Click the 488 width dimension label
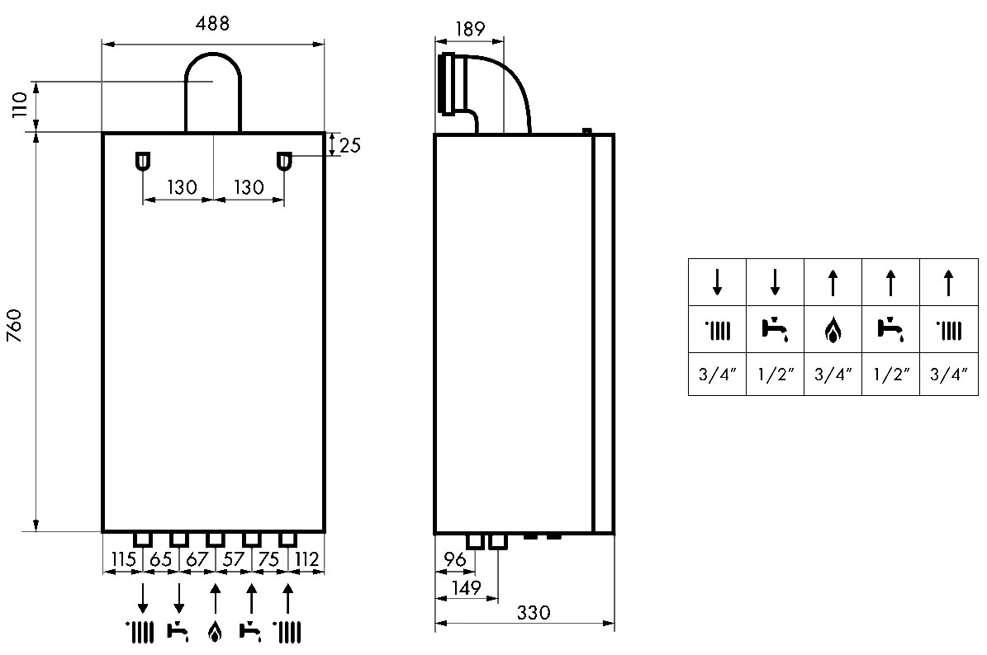213,24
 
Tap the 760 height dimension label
15,326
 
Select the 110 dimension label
20,105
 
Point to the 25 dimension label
350,145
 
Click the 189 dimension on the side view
469,29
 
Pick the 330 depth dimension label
534,612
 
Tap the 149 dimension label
467,587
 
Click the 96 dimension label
454,558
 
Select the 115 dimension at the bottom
123,558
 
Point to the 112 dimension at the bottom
306,558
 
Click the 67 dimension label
197,558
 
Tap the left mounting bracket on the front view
143,162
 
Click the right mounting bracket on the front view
284,162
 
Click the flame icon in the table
833,330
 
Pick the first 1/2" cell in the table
775,374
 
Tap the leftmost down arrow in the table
717,282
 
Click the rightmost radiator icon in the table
949,330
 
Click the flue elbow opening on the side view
448,85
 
